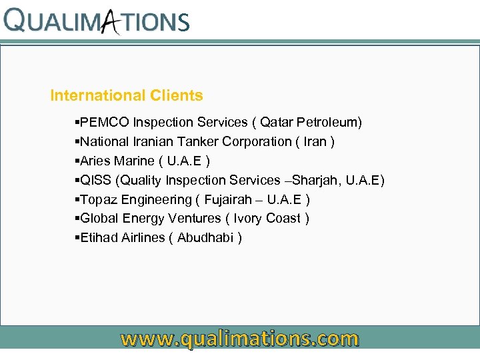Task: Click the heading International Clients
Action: (127, 96)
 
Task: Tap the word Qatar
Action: (276, 123)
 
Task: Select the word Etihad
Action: (99, 238)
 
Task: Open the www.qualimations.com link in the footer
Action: (240, 339)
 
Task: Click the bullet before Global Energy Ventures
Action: (77, 219)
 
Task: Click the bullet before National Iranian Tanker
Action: (77, 142)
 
